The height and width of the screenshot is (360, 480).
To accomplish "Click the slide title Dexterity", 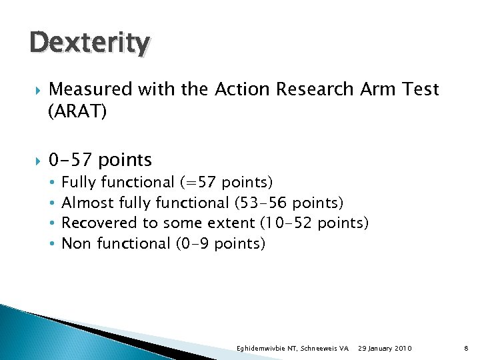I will tap(89, 43).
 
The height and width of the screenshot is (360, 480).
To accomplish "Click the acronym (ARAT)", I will tap(77, 112).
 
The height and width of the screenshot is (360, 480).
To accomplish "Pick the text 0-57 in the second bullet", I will tap(71, 160).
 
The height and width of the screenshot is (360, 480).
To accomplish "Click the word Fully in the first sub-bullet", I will tap(79, 182).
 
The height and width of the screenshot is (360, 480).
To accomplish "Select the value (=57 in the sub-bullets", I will tap(198, 182).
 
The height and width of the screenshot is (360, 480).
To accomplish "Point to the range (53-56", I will tap(261, 203).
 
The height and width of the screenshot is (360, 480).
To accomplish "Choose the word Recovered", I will tap(99, 223).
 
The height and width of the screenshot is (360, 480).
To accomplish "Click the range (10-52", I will tap(286, 223).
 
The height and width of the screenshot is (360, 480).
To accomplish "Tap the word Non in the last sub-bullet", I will tap(76, 243).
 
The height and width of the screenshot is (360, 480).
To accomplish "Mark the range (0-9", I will tap(193, 243).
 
